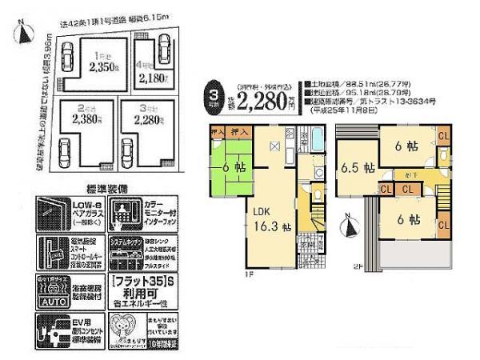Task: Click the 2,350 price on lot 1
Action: point(102,67)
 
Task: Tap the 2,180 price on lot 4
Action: point(153,78)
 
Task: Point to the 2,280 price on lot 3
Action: point(144,120)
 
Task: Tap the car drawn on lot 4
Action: point(165,51)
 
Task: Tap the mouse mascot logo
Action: point(127,329)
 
